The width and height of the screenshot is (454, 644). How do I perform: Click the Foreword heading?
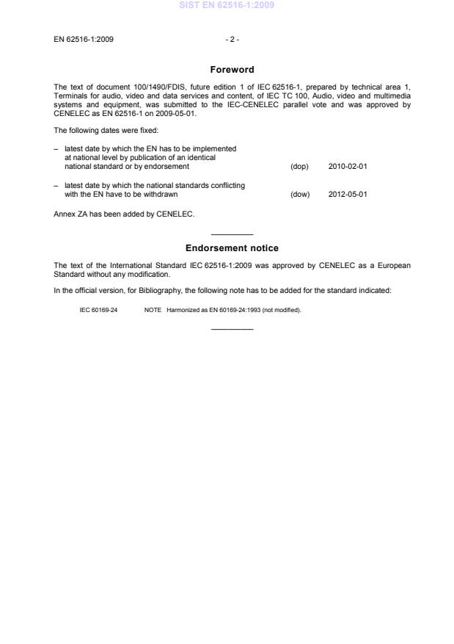click(232, 70)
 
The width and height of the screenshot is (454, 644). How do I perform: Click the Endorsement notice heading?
click(232, 248)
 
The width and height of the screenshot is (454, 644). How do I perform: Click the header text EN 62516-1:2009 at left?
click(84, 39)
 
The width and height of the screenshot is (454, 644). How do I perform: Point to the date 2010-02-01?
click(348, 167)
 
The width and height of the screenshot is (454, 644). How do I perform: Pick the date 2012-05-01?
click(348, 195)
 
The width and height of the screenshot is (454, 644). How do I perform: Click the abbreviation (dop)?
click(299, 167)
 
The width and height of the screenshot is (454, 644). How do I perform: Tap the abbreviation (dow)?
click(300, 195)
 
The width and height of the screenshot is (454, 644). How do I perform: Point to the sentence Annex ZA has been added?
click(124, 214)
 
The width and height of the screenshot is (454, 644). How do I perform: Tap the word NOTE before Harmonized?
click(153, 310)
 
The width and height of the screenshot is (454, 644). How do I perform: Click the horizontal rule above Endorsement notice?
click(232, 234)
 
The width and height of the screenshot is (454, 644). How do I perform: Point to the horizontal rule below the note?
click(232, 328)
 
